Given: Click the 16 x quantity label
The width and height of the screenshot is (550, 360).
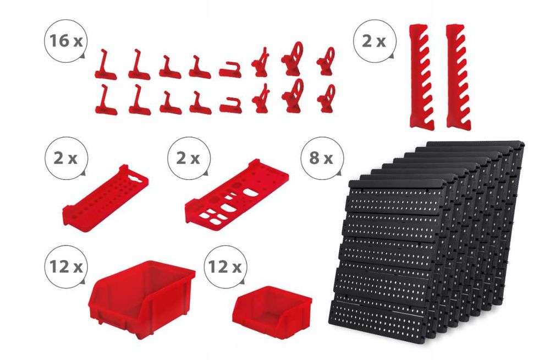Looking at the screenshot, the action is pos(66,41).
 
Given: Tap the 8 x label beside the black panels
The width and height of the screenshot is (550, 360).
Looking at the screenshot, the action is pos(321,159).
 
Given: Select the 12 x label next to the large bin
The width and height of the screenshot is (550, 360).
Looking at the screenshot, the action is pos(66,267).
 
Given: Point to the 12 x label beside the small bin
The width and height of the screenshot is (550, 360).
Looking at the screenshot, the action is pos(225,267).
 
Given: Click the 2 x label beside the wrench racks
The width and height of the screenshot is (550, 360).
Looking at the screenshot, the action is pos(373,41).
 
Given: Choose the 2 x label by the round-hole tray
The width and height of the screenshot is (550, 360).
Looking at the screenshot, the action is pos(65,159).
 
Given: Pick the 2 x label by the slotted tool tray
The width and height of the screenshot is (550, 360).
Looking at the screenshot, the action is pos(188,159).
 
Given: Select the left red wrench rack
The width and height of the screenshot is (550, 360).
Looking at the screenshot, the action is pos(421,77).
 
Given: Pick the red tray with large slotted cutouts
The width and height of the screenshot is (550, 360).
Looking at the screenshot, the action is pos(237,195).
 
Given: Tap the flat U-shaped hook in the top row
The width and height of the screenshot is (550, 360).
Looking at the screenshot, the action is pos(230,69).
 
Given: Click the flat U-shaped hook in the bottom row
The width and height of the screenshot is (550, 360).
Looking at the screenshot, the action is pos(231,105).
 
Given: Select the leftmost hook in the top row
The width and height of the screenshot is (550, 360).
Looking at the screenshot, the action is pos(105,65).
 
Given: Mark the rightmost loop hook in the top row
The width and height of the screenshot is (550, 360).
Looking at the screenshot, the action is pos(326,62).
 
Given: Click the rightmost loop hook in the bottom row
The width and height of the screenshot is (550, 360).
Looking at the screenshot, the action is pos(326,99).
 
